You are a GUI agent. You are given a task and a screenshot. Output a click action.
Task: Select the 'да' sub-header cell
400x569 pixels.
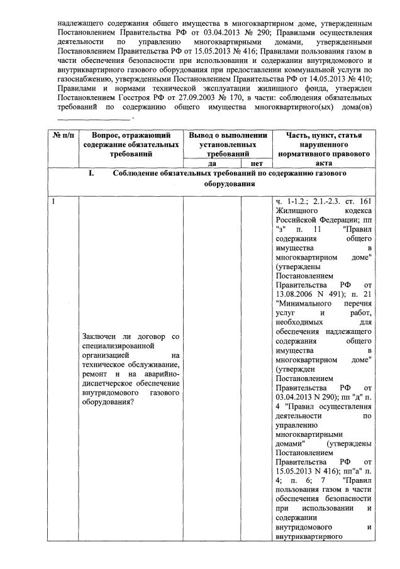coord(212,163)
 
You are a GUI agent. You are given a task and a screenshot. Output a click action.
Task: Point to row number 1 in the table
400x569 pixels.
coord(55,202)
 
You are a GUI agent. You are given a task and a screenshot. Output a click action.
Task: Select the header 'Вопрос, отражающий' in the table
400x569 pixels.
coord(131,135)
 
